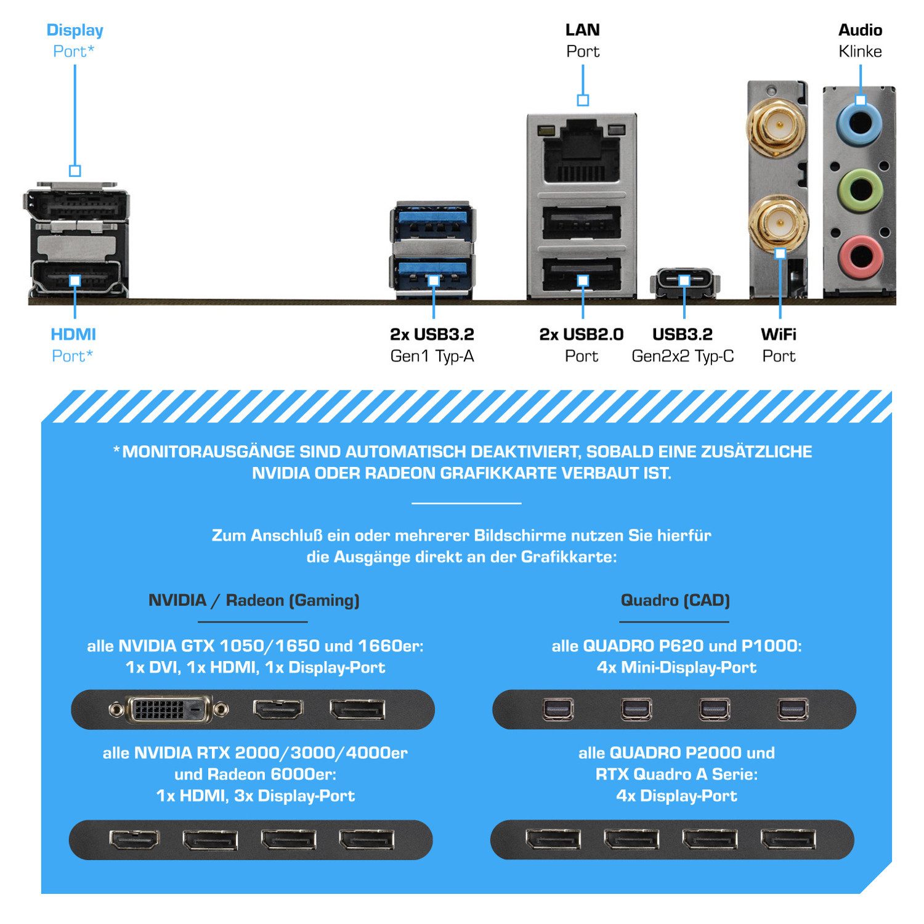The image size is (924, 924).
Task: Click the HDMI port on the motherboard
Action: coord(75,277)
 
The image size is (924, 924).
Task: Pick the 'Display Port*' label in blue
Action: coord(75,41)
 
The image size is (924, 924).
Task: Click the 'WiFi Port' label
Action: coord(779,345)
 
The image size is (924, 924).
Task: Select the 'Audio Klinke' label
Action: coord(860,41)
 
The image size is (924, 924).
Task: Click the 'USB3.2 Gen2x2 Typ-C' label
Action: coord(683,345)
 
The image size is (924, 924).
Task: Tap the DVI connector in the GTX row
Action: coord(169,710)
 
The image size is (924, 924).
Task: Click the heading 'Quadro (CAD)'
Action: coord(675,600)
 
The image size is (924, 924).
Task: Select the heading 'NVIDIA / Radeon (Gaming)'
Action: coord(254,600)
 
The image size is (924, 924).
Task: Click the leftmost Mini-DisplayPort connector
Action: coord(559,710)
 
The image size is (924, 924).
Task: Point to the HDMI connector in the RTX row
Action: coord(134,840)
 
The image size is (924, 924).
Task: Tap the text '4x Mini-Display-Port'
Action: coord(676,667)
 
